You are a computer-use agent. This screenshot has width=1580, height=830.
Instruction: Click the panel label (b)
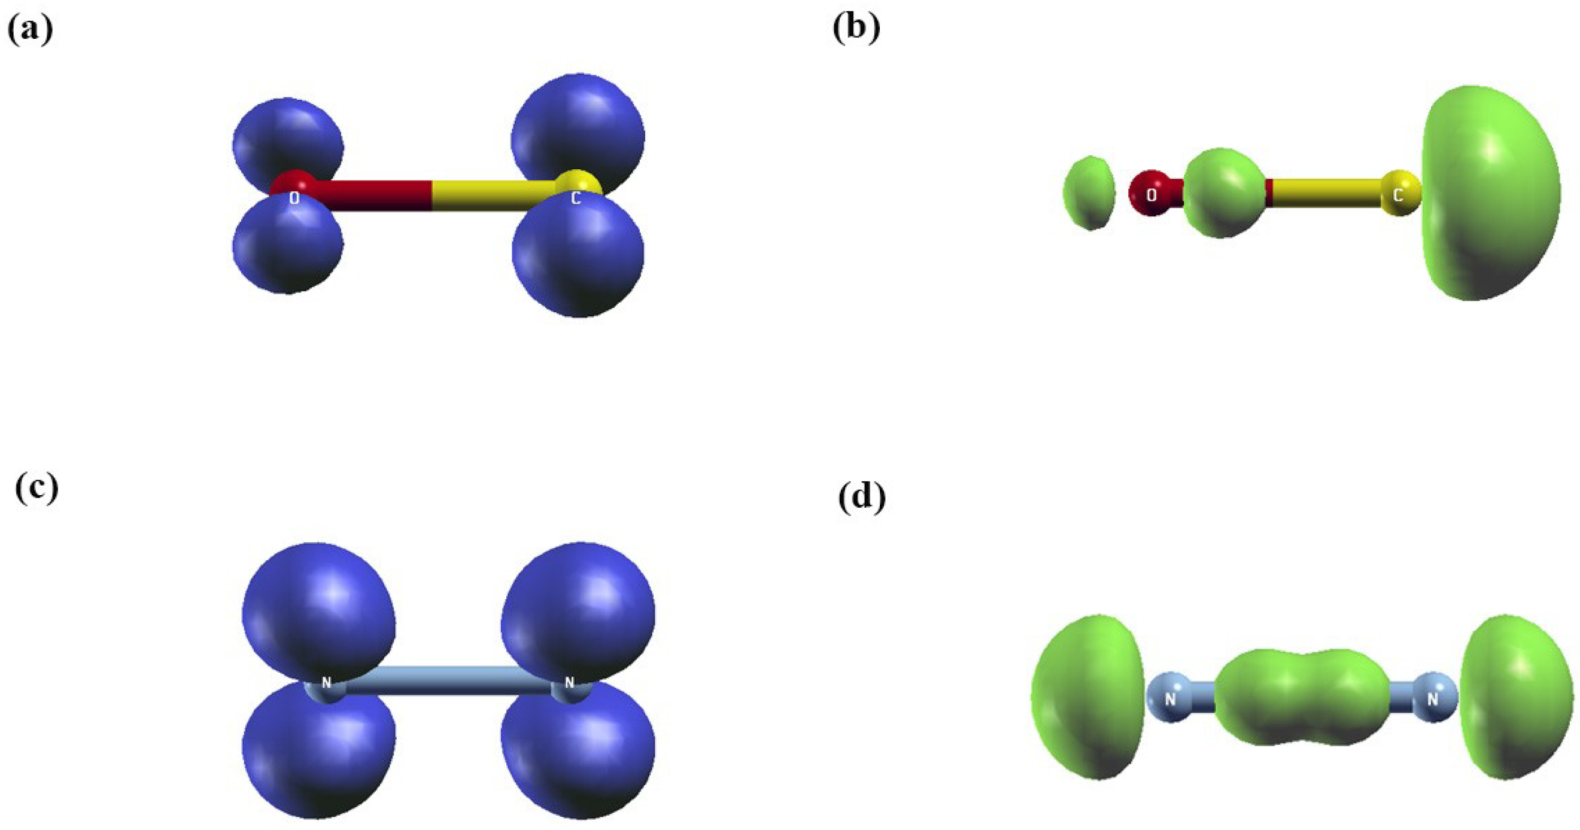point(857,28)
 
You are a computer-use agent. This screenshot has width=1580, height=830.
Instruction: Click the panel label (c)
point(36,489)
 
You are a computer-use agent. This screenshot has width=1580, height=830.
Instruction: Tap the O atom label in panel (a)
point(294,198)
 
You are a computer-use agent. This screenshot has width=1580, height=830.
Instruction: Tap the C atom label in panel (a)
point(575,198)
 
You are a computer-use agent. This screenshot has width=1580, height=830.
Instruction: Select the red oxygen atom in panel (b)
point(1151,193)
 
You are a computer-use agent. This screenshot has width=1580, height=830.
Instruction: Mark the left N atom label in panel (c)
point(326,682)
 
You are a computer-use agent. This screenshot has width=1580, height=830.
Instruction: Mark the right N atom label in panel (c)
point(569,682)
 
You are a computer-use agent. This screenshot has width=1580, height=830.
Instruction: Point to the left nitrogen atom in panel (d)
point(1170,699)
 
